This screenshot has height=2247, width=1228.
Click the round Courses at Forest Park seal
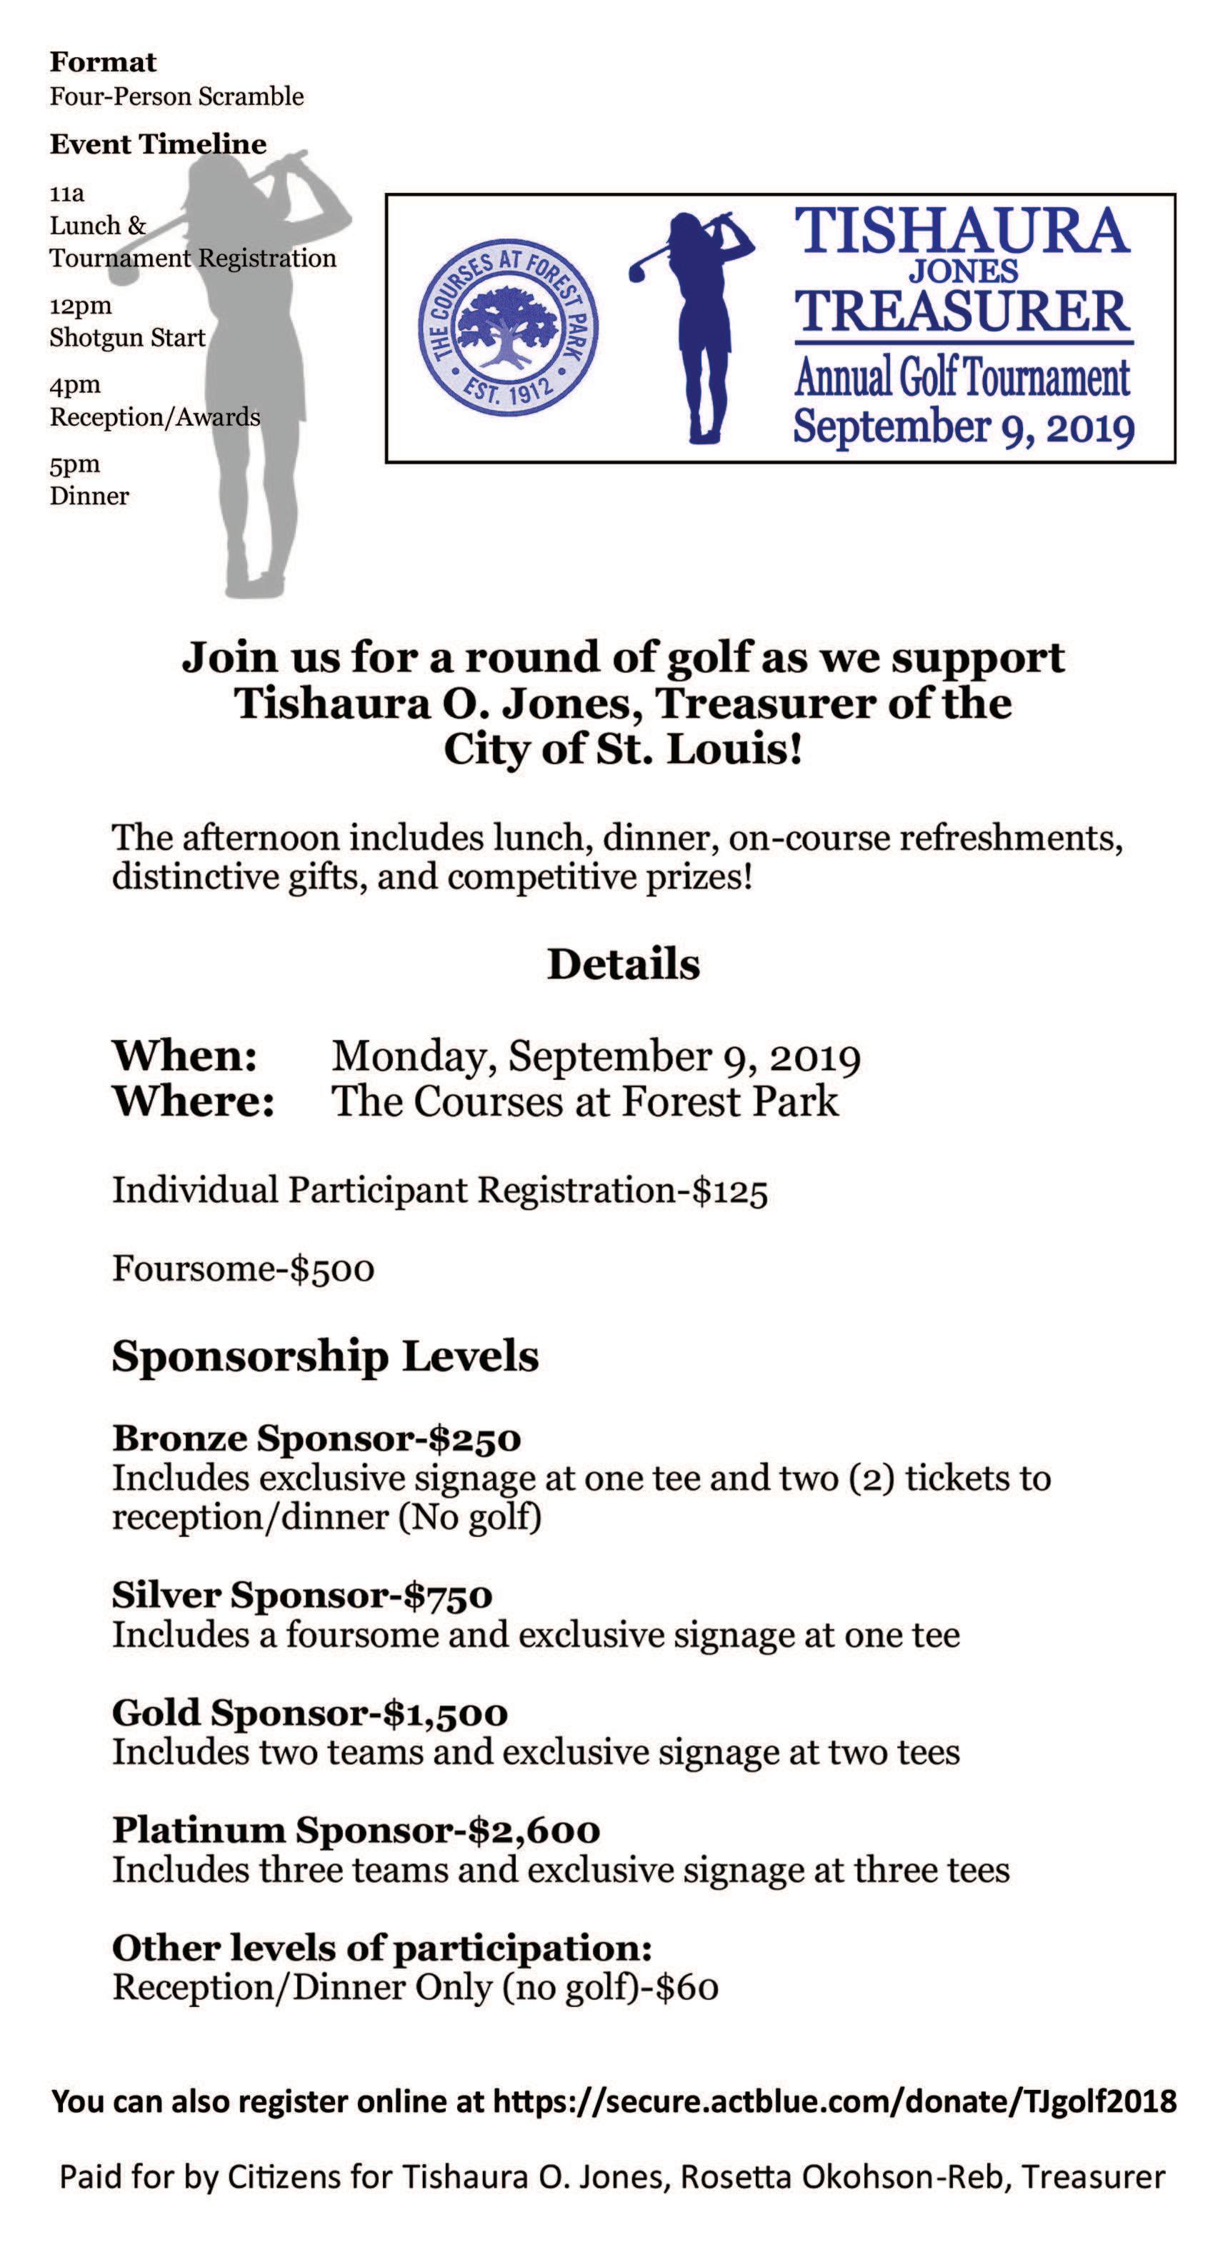(x=509, y=329)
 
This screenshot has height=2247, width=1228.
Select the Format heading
(x=103, y=63)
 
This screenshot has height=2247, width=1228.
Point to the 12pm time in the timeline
(x=80, y=306)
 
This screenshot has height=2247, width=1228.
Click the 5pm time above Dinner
(x=74, y=464)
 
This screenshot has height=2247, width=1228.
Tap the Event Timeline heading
(x=158, y=144)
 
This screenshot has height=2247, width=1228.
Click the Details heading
(x=623, y=965)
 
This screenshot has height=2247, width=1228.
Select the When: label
(x=185, y=1056)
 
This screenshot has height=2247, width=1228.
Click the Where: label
(x=194, y=1101)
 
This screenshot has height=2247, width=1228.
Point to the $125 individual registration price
(x=730, y=1191)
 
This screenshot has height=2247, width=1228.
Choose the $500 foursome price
(x=332, y=1268)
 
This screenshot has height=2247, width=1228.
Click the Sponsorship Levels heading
(x=325, y=1356)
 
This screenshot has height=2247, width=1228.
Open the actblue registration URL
(x=834, y=2101)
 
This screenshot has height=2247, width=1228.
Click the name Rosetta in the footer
(x=737, y=2177)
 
